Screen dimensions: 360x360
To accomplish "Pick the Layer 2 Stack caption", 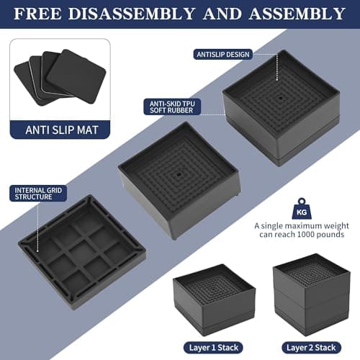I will click(310, 346).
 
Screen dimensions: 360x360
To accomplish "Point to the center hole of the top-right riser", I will click(279, 93).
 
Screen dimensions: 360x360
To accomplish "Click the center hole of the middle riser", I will click(177, 173).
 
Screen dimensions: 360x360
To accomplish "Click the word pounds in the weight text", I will click(330, 235).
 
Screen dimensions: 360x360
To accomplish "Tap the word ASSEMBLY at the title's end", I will click(296, 14).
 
